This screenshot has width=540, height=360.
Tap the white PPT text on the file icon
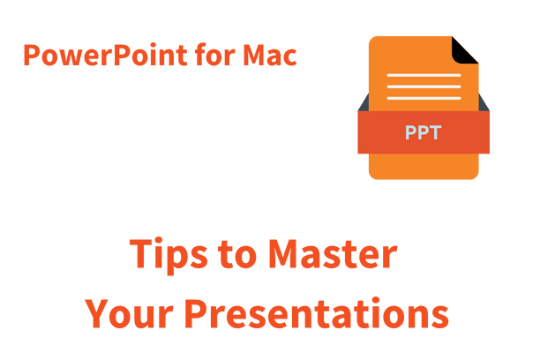(424, 134)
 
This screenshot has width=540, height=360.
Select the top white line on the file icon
(424, 75)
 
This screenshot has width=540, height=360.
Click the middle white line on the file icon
(424, 87)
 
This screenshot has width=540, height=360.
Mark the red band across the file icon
(379, 134)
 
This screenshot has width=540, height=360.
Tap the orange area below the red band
(424, 166)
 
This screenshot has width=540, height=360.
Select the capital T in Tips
(141, 255)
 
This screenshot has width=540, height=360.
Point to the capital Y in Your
(99, 314)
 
